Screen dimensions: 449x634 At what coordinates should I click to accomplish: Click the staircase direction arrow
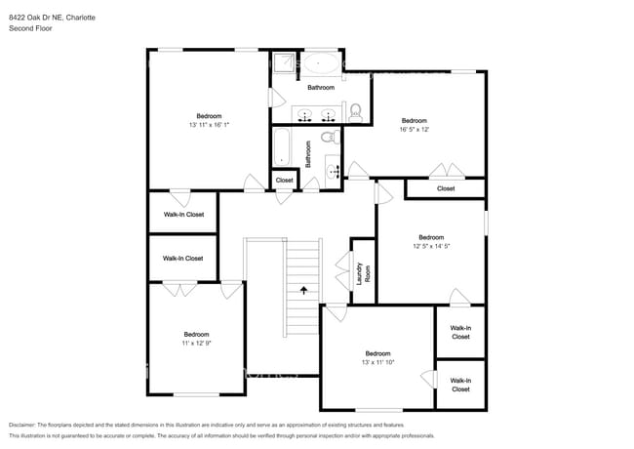[303, 290]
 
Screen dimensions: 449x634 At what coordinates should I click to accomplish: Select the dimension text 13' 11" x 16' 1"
[209, 125]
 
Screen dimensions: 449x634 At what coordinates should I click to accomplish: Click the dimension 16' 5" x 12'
[415, 129]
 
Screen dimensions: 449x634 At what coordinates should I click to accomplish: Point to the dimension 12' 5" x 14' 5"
[431, 246]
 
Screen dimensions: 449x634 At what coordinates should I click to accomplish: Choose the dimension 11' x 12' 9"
[197, 343]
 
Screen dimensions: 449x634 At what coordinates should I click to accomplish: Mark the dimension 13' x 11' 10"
[377, 362]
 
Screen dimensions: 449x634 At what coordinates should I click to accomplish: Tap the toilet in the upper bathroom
[355, 110]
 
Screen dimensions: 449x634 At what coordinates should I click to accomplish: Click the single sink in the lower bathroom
[335, 171]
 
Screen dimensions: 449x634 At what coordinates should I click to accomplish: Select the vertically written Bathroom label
[308, 154]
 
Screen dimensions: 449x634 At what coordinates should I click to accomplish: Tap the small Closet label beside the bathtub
[284, 181]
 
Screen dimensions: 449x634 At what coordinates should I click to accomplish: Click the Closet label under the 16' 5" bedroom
[446, 188]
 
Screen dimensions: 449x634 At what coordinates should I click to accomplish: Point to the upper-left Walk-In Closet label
[183, 214]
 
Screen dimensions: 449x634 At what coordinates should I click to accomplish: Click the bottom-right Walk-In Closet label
[460, 385]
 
